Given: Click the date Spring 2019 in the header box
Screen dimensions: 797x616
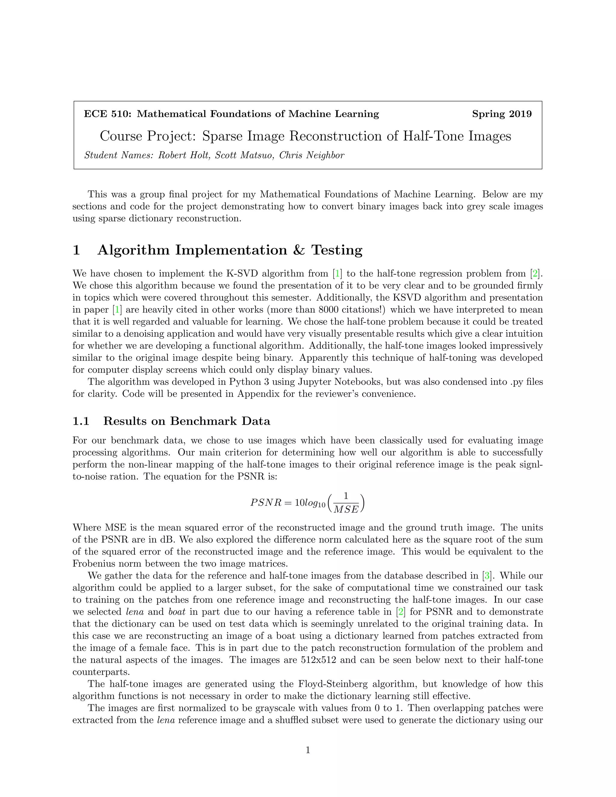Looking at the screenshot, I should point(502,114).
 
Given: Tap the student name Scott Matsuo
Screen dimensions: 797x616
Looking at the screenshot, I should point(245,155).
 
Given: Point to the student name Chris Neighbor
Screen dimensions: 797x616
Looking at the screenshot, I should point(312,155).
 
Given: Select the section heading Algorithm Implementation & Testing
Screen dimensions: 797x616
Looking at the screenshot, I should point(230,250).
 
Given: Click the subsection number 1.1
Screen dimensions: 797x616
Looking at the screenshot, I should point(81,421).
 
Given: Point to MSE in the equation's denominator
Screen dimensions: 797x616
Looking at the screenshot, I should point(346,509).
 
